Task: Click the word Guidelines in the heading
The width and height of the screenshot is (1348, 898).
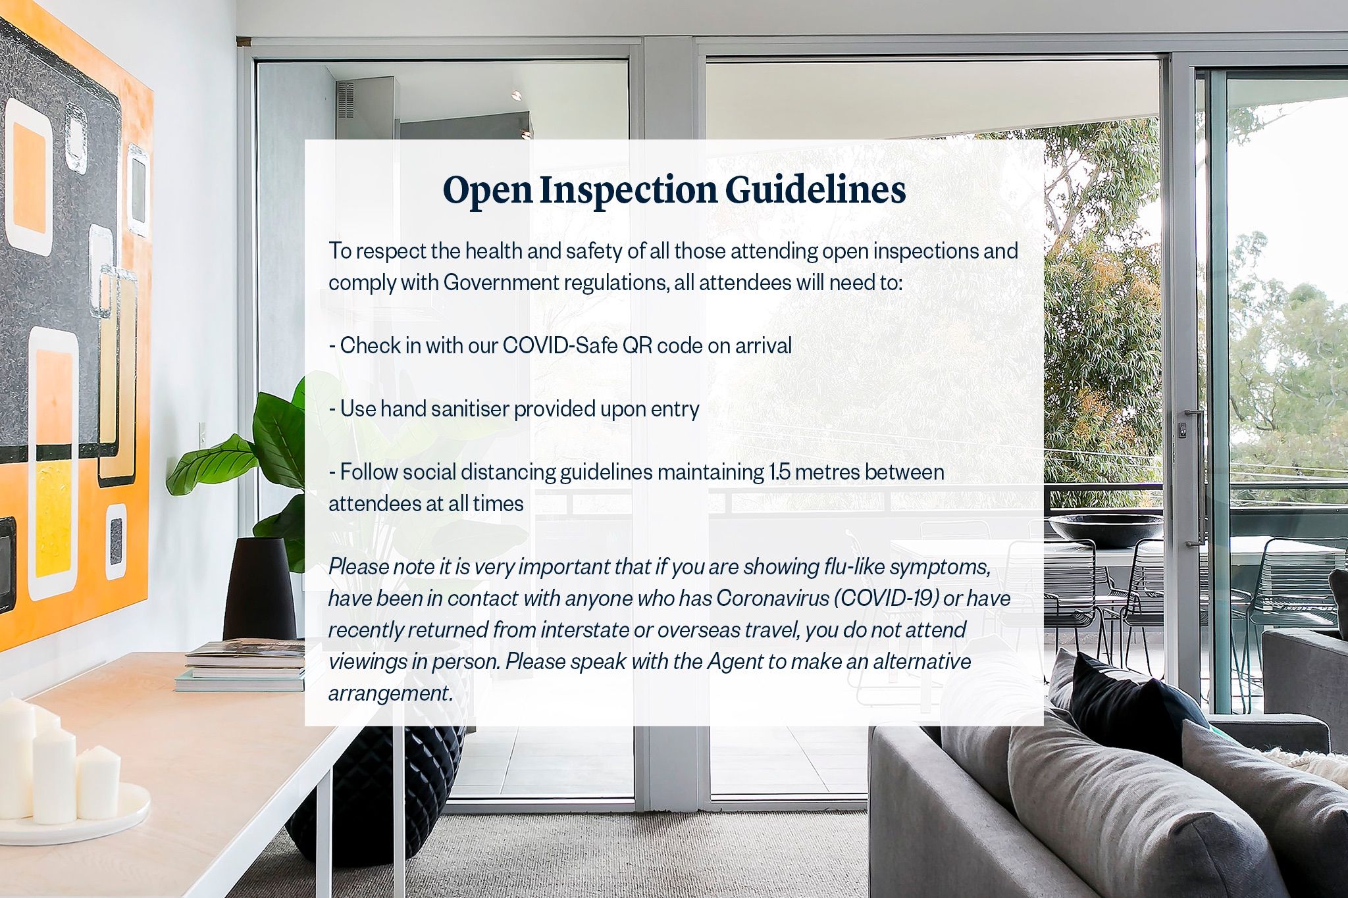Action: coord(816,190)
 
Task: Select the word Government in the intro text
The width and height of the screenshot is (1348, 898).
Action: coord(501,282)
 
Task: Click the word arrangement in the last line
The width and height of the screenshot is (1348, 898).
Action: coord(390,693)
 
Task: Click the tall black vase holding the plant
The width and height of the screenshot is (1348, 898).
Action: coord(259,589)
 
